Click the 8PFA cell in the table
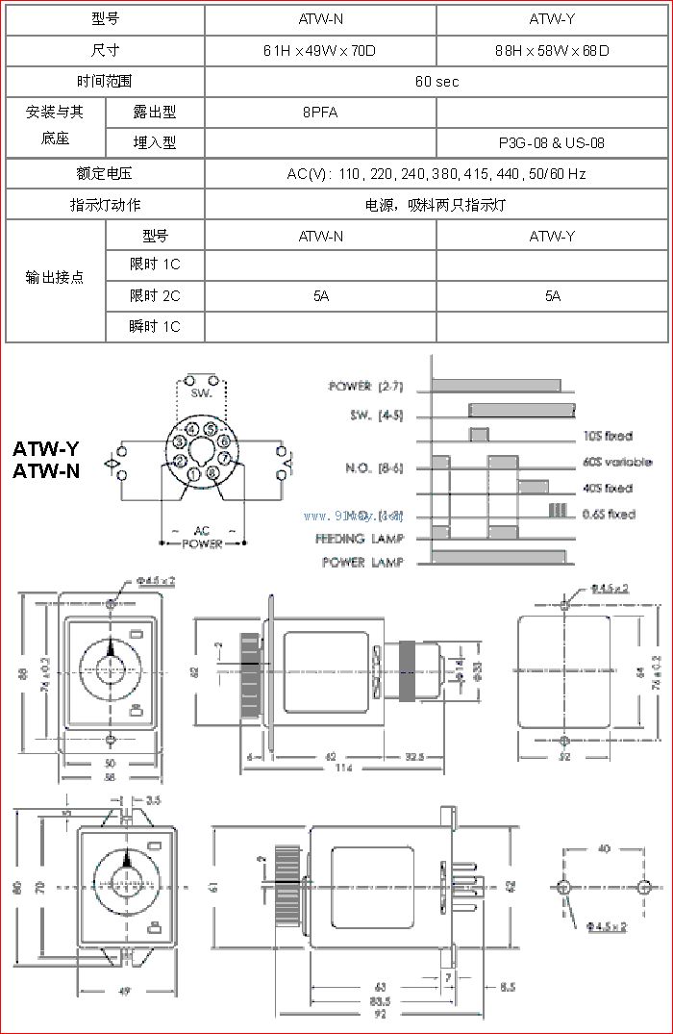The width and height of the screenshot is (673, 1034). pyautogui.click(x=320, y=112)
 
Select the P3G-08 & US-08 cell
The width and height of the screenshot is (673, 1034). pyautogui.click(x=551, y=142)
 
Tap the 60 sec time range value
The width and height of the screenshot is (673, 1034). pyautogui.click(x=436, y=81)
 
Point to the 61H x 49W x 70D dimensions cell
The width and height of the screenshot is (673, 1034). pyautogui.click(x=320, y=50)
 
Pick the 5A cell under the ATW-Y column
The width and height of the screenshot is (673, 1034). pyautogui.click(x=552, y=296)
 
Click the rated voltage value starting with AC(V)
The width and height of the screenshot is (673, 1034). pyautogui.click(x=436, y=174)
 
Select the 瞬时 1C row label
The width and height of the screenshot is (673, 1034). pyautogui.click(x=155, y=327)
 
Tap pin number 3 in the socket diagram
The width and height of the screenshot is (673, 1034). pyautogui.click(x=180, y=443)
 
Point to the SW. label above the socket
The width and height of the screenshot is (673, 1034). pyautogui.click(x=201, y=394)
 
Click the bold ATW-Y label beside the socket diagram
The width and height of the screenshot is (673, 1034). pyautogui.click(x=46, y=449)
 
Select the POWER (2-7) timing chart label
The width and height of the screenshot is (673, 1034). pyautogui.click(x=363, y=387)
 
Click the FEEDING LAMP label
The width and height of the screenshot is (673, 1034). pyautogui.click(x=360, y=539)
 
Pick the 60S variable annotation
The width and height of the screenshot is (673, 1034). pyautogui.click(x=617, y=462)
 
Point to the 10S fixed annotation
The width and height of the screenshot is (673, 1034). pyautogui.click(x=608, y=437)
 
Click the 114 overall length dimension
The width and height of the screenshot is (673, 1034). pyautogui.click(x=342, y=769)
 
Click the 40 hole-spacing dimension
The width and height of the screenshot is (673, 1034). pyautogui.click(x=604, y=848)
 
